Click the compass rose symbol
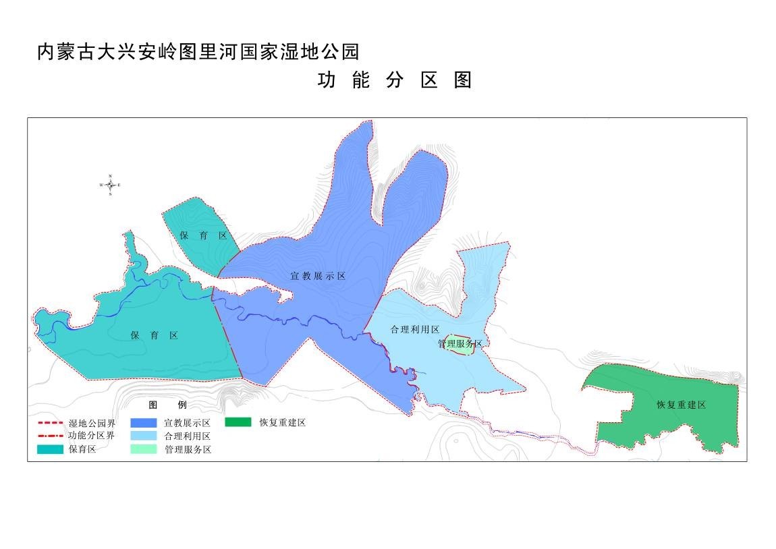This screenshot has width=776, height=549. (110, 185)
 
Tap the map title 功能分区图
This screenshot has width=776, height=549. (395, 80)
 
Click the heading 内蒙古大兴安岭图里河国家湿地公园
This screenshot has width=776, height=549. (198, 52)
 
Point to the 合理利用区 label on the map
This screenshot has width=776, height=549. (415, 330)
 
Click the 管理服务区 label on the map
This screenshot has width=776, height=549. (460, 344)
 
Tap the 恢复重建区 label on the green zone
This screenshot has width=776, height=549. (681, 405)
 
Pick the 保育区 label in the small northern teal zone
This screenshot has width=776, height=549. (203, 235)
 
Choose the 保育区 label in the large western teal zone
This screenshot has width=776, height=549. (155, 335)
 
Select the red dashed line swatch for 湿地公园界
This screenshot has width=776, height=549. (49, 424)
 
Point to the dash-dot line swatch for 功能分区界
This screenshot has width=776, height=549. (49, 436)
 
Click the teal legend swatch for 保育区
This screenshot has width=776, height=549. (49, 449)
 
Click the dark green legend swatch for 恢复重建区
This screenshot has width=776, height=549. (238, 423)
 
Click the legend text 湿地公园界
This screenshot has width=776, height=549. (92, 424)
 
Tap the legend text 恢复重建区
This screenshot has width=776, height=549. (283, 423)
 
